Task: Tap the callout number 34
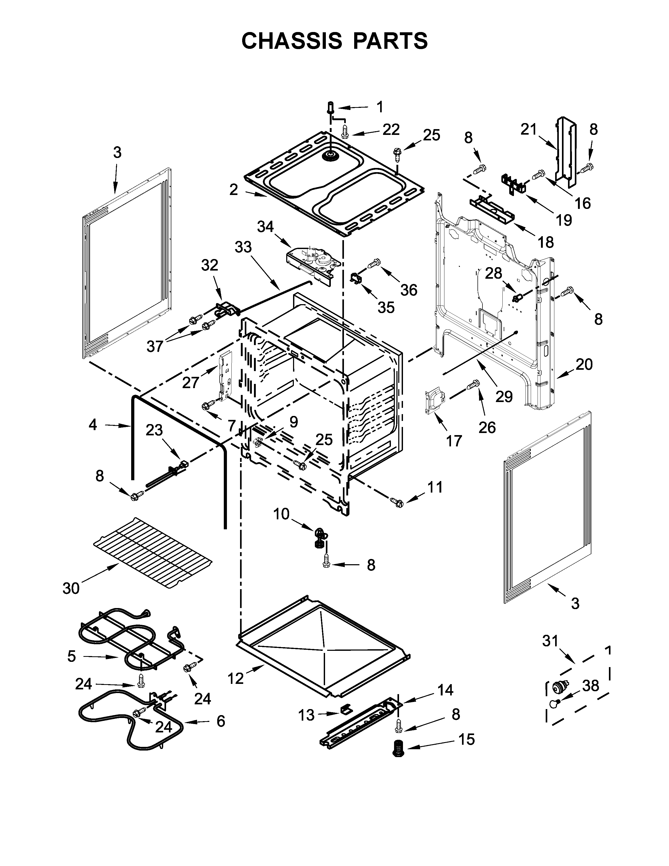click(x=265, y=226)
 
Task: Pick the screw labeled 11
click(x=396, y=502)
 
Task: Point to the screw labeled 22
click(x=345, y=131)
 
